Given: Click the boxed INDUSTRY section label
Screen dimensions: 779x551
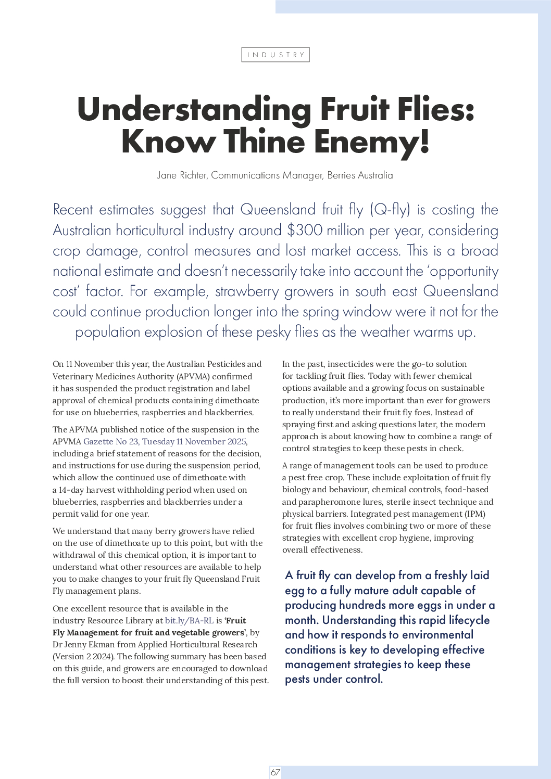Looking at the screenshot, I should point(275,55).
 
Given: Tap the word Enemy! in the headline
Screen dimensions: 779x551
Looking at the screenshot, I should point(372,142).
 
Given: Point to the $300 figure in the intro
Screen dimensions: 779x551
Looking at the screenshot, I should point(304,230).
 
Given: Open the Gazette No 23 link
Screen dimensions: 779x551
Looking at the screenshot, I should point(165,441).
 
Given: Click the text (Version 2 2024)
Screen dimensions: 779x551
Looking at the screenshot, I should point(84,656).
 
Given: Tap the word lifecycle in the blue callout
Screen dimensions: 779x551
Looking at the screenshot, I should point(464,620).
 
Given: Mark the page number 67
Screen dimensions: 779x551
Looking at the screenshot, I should point(275,772).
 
